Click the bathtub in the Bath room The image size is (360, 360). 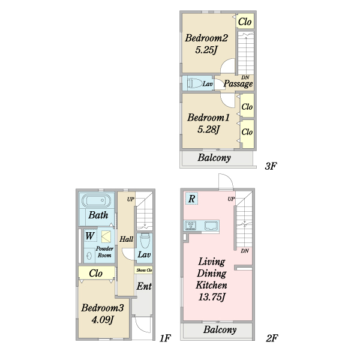97,200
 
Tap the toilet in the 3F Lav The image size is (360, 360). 194,83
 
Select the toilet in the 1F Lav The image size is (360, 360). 145,241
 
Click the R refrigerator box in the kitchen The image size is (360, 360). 191,199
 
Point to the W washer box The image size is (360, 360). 90,236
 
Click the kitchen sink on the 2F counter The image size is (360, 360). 211,226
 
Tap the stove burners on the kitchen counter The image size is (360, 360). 191,226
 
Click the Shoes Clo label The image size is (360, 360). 144,270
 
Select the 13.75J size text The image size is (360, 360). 212,297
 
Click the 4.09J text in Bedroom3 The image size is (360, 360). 103,320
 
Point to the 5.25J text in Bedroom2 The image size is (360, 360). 206,50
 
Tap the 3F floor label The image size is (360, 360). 271,166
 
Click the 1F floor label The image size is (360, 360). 165,338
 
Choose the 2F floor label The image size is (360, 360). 272,338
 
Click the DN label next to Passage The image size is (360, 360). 245,77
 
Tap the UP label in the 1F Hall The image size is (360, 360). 131,199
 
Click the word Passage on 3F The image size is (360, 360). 238,84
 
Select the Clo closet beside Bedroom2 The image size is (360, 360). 245,22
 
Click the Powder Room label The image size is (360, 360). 104,252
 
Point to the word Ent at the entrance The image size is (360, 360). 144,286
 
